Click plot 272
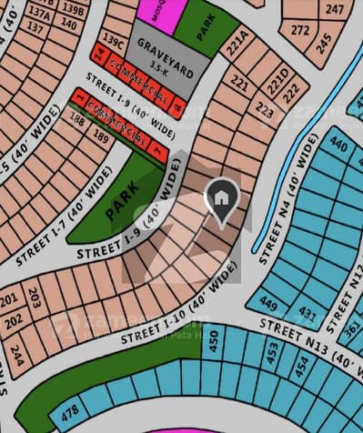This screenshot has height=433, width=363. click(301, 30)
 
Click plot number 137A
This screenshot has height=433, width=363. click(39, 14)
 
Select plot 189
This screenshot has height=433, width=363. click(101, 138)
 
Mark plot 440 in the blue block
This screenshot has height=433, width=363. click(338, 143)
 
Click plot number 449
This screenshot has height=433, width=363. click(267, 303)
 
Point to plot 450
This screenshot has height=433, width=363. click(215, 341)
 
